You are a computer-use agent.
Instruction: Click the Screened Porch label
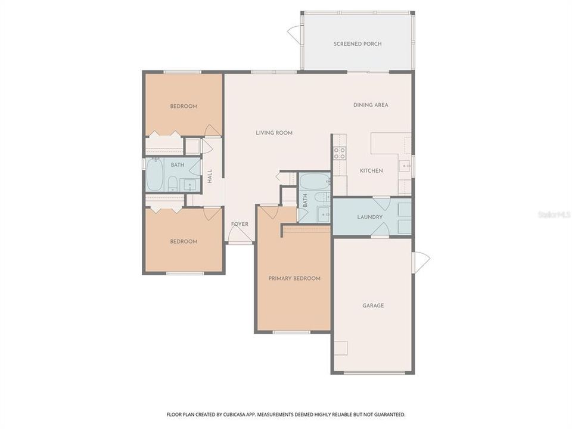coord(357,44)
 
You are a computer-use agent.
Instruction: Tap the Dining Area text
coord(371,105)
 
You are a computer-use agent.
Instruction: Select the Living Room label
coord(274,133)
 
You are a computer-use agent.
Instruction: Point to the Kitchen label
coord(371,171)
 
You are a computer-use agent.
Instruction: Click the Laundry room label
coord(369,217)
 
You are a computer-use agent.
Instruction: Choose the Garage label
coord(373,306)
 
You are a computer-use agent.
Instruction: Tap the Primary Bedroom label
coord(294,278)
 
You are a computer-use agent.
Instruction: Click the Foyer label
coord(240,224)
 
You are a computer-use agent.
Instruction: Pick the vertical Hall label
coord(210,176)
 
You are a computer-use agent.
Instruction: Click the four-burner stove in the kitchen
coord(339,153)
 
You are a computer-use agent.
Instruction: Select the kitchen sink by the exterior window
coord(405,166)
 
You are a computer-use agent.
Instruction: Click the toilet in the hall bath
coord(172,184)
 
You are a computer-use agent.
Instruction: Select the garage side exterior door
coord(421,261)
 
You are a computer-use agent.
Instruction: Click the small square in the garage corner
coord(340,348)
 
